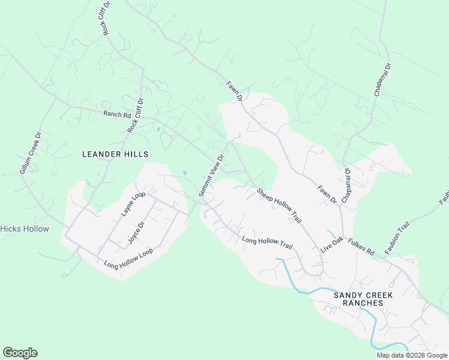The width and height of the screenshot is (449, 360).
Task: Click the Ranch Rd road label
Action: [117, 114]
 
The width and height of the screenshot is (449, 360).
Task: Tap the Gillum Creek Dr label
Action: [29, 153]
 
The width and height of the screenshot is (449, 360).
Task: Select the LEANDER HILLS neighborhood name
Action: [115, 154]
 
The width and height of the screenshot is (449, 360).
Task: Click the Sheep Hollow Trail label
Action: [279, 206]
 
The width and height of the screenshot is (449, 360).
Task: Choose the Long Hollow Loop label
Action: [128, 257]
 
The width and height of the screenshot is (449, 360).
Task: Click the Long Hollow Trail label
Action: [267, 242]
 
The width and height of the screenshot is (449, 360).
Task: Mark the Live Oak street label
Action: [330, 244]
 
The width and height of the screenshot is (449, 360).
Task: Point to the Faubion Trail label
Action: [397, 238]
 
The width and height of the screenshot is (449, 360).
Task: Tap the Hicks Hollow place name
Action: [24, 229]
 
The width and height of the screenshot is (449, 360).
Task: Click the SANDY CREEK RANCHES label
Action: [358, 299]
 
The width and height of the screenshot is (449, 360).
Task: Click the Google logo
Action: [20, 353]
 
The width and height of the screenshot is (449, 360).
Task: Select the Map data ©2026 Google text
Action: [412, 355]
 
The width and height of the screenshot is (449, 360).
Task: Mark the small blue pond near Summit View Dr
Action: [184, 173]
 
